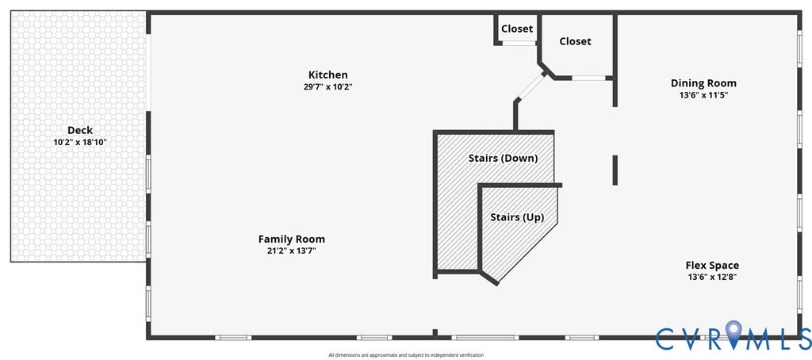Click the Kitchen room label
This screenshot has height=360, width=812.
(x=327, y=75)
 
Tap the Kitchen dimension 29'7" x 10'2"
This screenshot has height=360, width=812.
(x=327, y=87)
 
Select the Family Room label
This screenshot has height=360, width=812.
(x=292, y=239)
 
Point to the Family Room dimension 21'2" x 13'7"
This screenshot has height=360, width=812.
(x=292, y=251)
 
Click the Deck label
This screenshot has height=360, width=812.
(x=80, y=130)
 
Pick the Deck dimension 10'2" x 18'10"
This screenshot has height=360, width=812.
(x=80, y=142)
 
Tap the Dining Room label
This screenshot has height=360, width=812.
(x=704, y=83)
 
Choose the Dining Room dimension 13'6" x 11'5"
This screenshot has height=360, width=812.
(x=704, y=95)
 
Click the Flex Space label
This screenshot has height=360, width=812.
(x=713, y=265)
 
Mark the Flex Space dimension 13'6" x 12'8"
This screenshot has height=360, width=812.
(x=713, y=277)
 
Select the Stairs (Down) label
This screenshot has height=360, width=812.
(x=503, y=158)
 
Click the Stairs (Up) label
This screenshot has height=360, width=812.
(x=517, y=217)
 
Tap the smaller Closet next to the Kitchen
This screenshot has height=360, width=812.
(x=517, y=29)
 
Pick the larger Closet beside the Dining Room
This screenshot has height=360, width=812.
(x=576, y=41)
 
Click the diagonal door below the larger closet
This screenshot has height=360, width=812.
(x=531, y=86)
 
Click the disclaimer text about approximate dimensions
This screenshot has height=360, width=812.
(x=406, y=355)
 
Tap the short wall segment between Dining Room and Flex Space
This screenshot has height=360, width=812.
(x=615, y=170)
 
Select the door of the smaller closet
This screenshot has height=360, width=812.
(x=519, y=43)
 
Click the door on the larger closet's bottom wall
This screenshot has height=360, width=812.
(x=589, y=79)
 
